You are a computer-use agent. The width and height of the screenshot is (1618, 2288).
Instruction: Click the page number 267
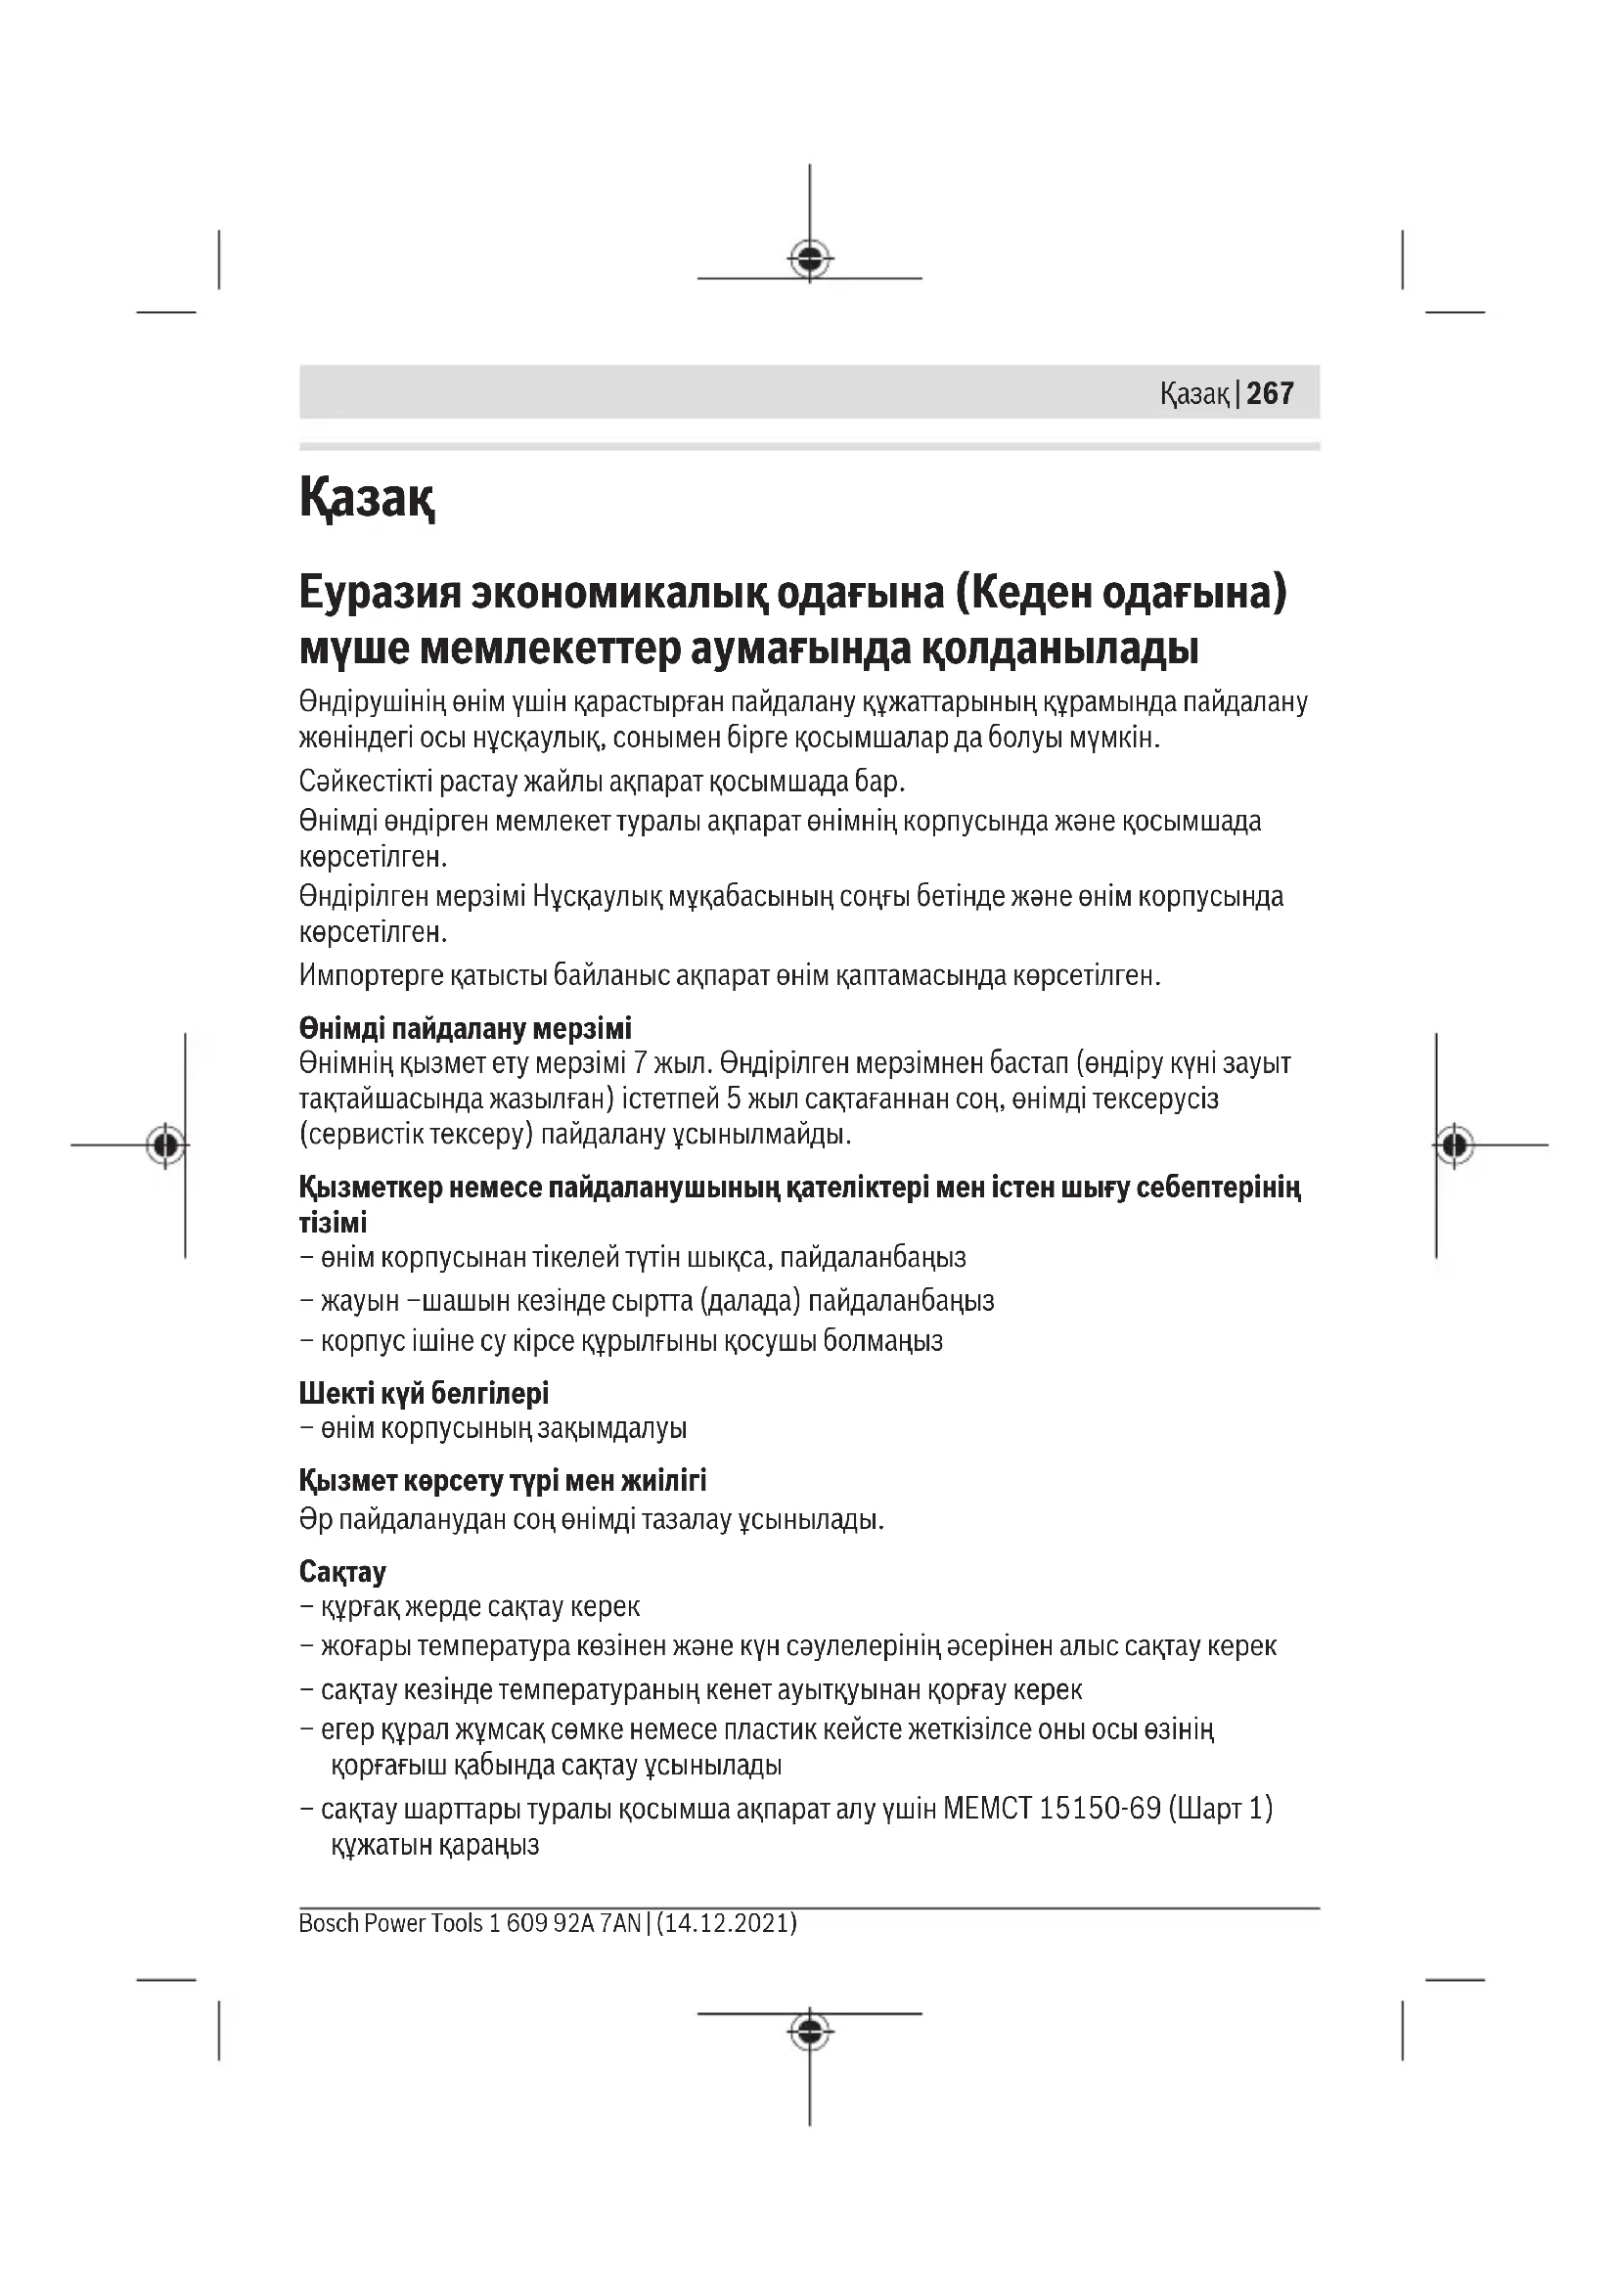[1270, 393]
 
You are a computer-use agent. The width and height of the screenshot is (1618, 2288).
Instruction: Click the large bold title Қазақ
[367, 497]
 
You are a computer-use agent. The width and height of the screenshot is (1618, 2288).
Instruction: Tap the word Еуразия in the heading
[379, 592]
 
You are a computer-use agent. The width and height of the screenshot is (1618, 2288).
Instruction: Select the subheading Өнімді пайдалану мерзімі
[466, 1027]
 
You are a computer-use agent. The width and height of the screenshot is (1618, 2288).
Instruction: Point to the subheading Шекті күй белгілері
[424, 1392]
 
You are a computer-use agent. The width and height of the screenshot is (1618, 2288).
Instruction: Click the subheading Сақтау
[341, 1572]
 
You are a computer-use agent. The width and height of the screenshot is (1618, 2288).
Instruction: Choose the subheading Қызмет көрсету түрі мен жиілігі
[502, 1480]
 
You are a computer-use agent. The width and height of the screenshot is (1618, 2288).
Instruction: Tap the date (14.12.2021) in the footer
[726, 1922]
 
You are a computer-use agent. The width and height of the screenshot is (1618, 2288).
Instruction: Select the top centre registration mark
[810, 259]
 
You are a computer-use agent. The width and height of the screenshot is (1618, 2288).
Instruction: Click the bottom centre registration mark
[810, 2030]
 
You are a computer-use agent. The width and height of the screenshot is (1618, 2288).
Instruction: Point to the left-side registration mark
[165, 1145]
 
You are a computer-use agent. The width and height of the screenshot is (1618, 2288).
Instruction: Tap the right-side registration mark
[1455, 1145]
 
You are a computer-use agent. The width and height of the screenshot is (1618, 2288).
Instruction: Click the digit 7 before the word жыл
[641, 1063]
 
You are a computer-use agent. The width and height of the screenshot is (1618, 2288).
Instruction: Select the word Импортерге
[370, 974]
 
